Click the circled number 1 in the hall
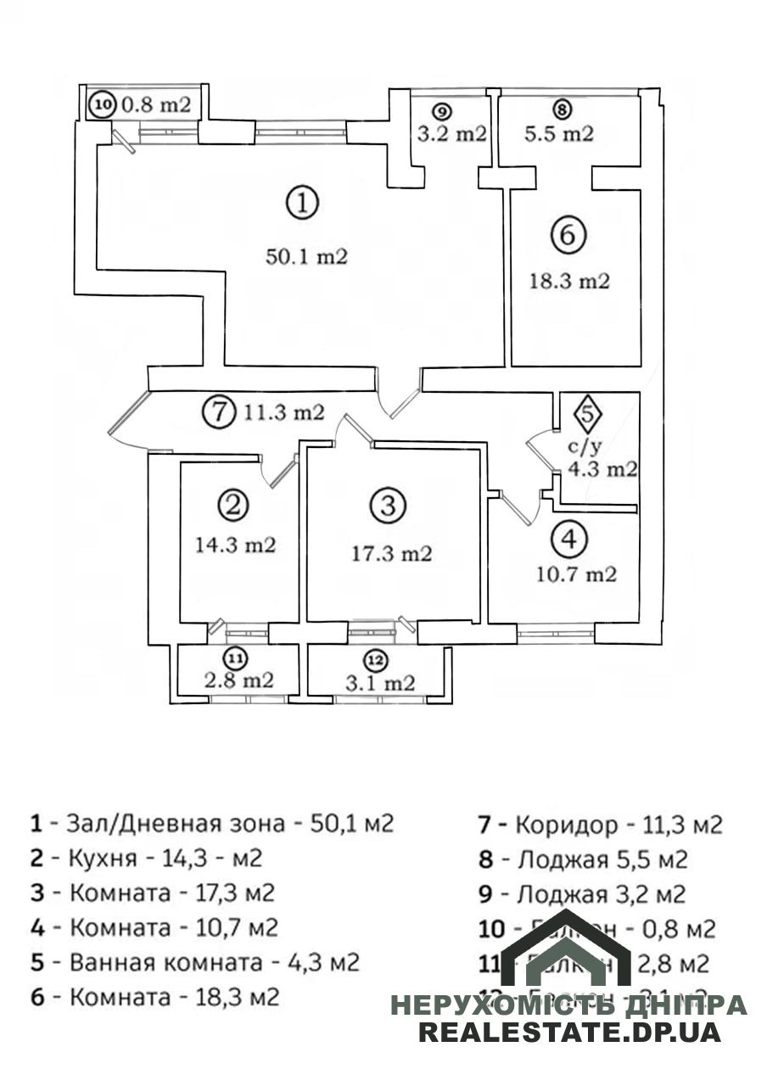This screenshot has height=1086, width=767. click(x=303, y=204)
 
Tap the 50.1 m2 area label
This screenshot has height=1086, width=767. click(x=307, y=257)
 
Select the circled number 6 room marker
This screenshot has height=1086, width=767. click(x=568, y=234)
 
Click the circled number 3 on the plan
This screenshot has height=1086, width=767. click(x=387, y=507)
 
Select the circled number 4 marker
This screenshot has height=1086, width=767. click(x=568, y=537)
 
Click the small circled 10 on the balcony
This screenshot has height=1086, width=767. click(x=103, y=106)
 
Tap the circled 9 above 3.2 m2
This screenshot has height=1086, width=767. click(x=439, y=110)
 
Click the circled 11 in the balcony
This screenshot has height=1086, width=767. click(x=235, y=657)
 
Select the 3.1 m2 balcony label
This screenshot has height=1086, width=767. click(x=379, y=683)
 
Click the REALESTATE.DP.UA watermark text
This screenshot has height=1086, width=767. click(x=569, y=1033)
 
